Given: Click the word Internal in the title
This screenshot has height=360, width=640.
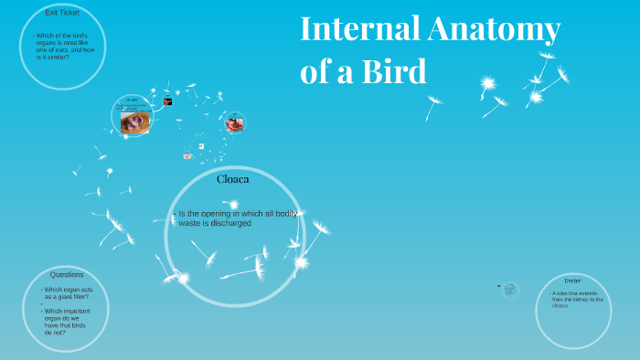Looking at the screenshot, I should tap(357, 31).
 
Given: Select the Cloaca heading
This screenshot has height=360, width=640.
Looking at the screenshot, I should tap(233, 179).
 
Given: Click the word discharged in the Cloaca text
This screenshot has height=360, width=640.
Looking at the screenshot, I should tap(224, 223).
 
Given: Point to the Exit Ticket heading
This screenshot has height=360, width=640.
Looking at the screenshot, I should tap(62, 12).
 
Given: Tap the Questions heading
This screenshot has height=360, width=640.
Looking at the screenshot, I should tap(67, 274).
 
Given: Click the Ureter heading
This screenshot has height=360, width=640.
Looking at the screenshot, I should tap(572, 280).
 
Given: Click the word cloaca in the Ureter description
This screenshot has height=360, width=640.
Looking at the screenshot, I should tap(560, 305).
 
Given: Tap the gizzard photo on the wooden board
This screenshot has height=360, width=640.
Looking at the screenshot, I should tap(135, 121).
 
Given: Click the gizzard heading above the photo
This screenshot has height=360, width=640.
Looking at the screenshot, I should tap(133, 100).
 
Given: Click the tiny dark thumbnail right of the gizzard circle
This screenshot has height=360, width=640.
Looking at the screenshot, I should tap(168, 101).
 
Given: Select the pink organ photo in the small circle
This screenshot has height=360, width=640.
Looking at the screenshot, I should tap(235, 122).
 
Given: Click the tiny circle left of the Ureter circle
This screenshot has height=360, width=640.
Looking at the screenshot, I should tap(511, 290).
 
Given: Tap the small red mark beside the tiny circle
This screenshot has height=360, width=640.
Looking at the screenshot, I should tap(498, 287).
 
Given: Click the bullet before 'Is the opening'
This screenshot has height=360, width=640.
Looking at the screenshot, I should tap(174, 215).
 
